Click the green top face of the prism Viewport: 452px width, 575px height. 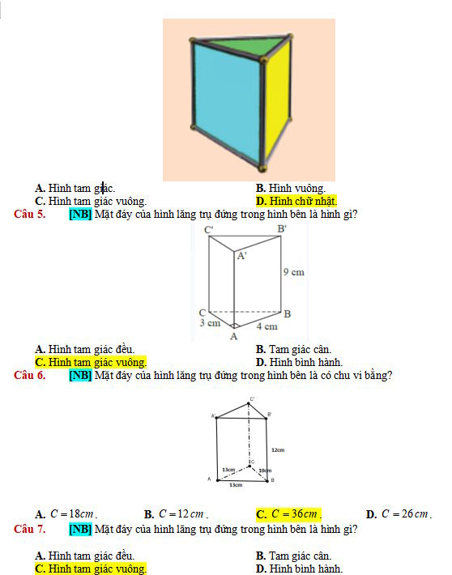click(243, 45)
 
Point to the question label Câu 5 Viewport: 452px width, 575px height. click(30, 215)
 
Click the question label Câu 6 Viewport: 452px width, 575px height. click(30, 375)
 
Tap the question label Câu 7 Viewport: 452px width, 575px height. click(30, 530)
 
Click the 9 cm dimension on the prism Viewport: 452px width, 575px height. click(293, 272)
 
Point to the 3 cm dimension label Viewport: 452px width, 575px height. click(210, 322)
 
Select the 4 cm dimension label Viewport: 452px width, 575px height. click(267, 326)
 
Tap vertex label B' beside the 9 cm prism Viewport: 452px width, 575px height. click(282, 230)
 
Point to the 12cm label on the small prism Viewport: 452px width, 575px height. click(277, 449)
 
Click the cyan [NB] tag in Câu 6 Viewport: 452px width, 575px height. click(80, 375)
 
